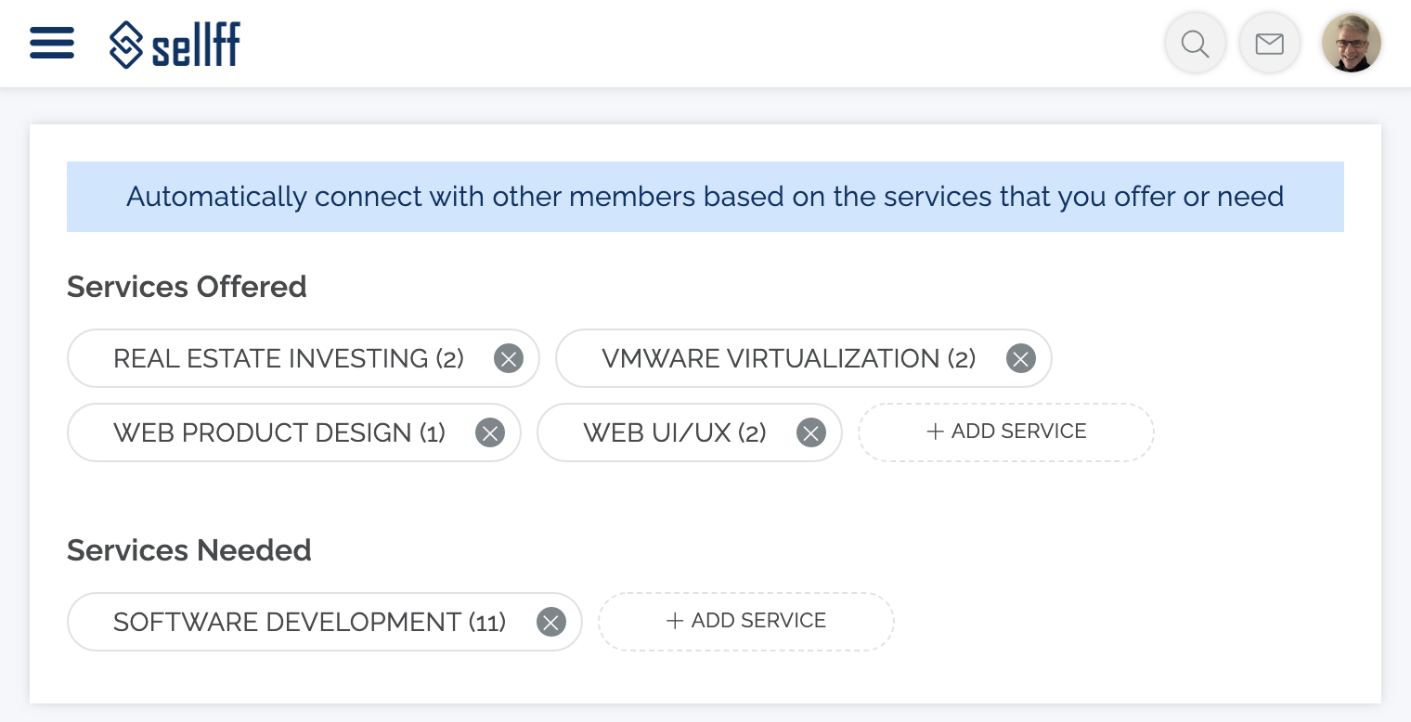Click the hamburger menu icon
click(52, 43)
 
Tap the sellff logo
click(175, 44)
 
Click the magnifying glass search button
click(1195, 44)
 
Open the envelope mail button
click(1269, 44)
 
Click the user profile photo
click(1352, 44)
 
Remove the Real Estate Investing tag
click(509, 359)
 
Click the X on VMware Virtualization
click(1020, 359)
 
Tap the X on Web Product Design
click(490, 433)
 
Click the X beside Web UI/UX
click(810, 433)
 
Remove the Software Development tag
click(551, 622)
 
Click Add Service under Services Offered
click(1006, 432)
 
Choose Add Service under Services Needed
click(745, 621)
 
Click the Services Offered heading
click(187, 287)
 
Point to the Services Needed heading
click(189, 551)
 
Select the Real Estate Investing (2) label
click(289, 359)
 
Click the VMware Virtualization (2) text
click(789, 359)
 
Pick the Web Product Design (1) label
click(279, 433)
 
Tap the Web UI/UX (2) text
click(675, 433)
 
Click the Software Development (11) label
click(309, 622)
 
